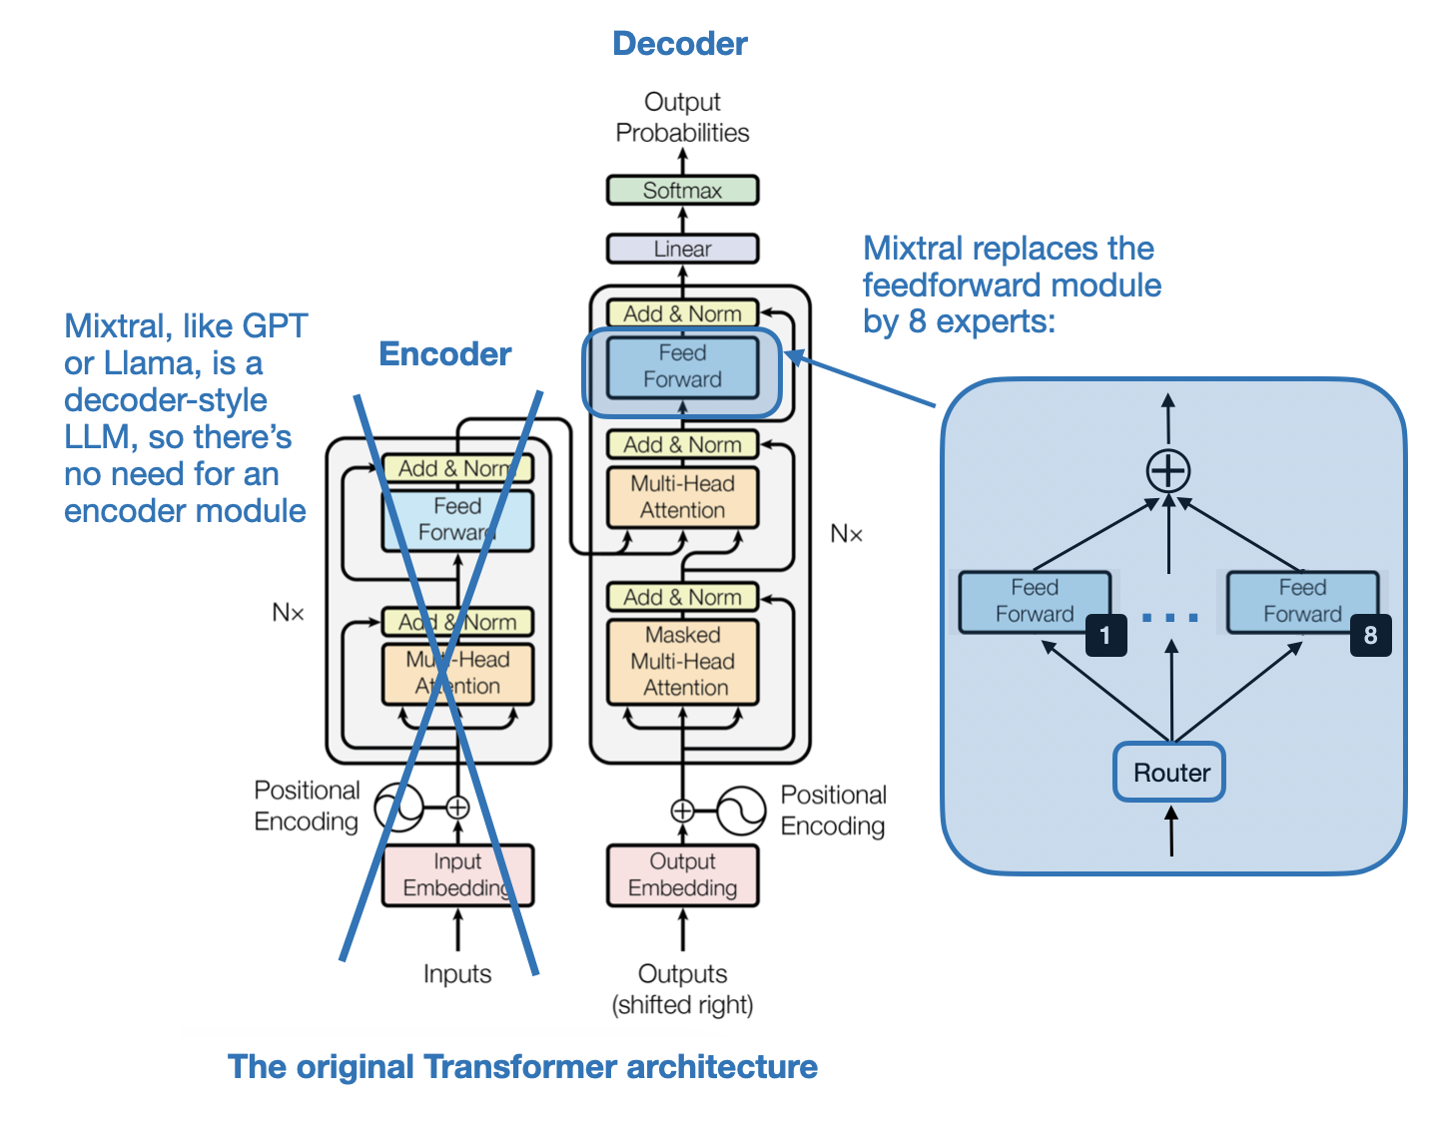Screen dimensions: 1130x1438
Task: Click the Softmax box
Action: (x=682, y=191)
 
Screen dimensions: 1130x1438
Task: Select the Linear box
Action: (x=682, y=249)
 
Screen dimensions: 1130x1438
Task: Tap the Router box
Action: (x=1169, y=772)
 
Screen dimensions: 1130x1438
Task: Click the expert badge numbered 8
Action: (x=1370, y=635)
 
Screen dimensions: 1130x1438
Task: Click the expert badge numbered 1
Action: (x=1105, y=635)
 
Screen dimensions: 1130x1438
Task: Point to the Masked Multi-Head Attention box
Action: (x=683, y=661)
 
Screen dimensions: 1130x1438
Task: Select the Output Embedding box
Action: (x=683, y=874)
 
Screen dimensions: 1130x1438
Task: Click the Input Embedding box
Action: (x=457, y=874)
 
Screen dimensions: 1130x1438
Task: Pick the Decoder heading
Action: (x=679, y=44)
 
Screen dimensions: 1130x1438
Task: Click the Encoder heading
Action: (x=445, y=354)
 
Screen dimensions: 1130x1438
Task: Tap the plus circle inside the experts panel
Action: (x=1168, y=470)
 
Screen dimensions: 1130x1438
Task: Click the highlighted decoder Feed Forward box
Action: (x=682, y=366)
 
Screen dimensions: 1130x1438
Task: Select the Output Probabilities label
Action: (x=682, y=117)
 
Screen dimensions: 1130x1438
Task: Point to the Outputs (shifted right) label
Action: (x=682, y=988)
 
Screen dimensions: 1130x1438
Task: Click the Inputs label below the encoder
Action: (x=457, y=973)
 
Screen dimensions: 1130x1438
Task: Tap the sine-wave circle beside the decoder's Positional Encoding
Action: (x=741, y=811)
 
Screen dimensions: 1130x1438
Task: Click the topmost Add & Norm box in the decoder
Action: (x=682, y=313)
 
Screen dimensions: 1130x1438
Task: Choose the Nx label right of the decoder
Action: (x=846, y=534)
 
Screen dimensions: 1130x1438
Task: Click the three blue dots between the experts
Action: (x=1169, y=618)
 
